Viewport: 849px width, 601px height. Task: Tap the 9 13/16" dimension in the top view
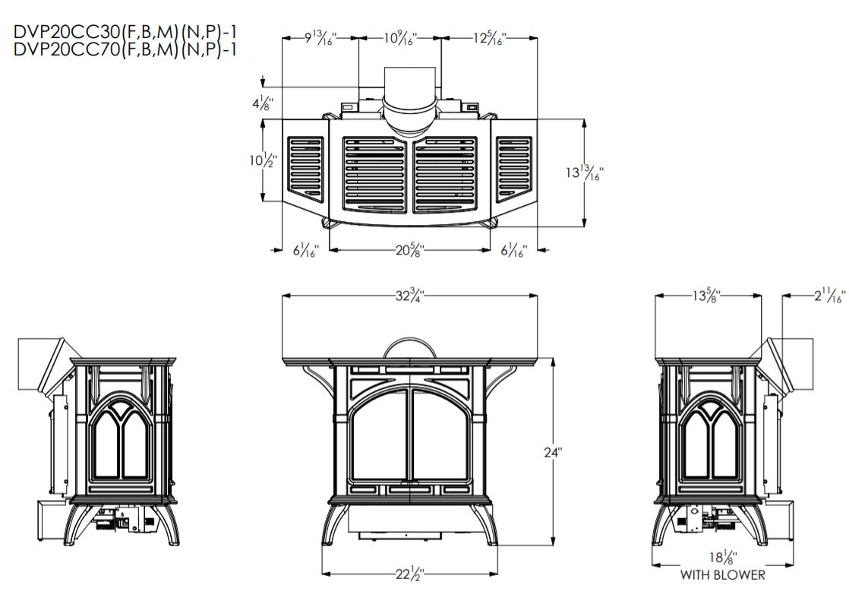tap(320, 37)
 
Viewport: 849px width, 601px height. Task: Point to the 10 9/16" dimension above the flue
tap(399, 37)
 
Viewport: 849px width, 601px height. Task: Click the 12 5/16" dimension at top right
tap(490, 37)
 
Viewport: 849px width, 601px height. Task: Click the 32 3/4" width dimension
tap(409, 296)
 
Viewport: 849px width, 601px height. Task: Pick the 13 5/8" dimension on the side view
tap(708, 296)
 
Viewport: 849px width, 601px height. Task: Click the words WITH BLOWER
tap(722, 575)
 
